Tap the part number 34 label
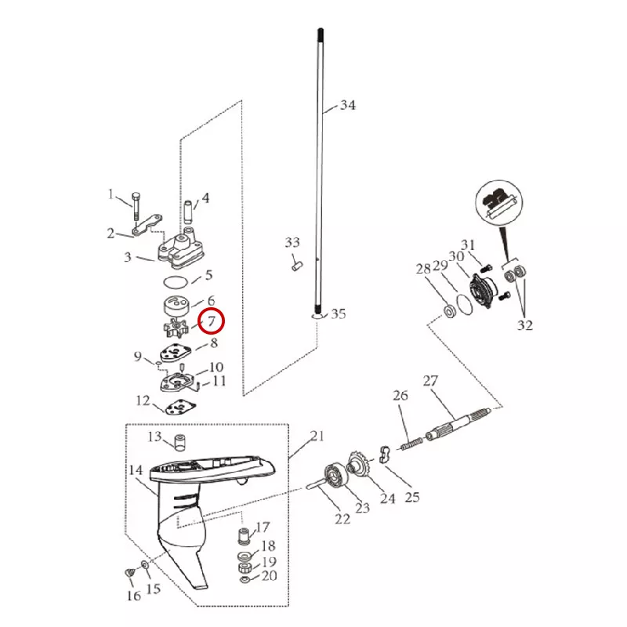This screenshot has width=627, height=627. coord(347,105)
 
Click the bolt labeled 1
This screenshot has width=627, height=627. coord(136,206)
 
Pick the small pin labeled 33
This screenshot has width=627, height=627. coord(297,266)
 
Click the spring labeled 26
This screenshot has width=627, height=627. coord(412,444)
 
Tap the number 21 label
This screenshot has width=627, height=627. coord(317,436)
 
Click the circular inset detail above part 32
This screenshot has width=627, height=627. coord(499,203)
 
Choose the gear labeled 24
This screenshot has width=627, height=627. coord(358,464)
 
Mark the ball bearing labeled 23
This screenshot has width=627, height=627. coord(335,475)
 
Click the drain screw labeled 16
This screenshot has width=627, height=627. coord(130,573)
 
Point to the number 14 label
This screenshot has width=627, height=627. coord(136,469)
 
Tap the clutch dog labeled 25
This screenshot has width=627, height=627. coord(384,454)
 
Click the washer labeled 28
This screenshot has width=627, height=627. coord(450,310)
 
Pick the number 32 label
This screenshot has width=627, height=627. coord(525,324)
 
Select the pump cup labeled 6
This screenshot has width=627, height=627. coord(176,307)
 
